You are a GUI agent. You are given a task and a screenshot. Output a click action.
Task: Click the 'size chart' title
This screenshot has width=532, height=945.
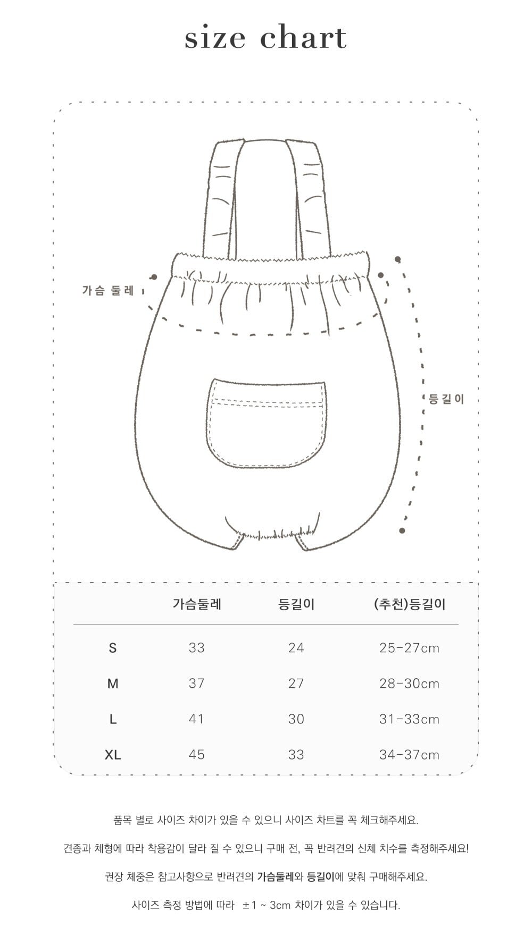click(265, 38)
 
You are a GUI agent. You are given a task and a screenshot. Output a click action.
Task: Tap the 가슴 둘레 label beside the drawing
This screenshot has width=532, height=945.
click(108, 291)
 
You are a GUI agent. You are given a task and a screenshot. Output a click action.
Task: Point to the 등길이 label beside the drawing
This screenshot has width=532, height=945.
click(446, 399)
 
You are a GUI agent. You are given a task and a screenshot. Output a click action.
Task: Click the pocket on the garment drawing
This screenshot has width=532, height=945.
click(266, 423)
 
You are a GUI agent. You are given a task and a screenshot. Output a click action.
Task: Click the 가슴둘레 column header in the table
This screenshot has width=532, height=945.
click(197, 604)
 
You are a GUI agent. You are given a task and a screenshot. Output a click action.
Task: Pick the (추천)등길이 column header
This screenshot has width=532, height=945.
click(410, 604)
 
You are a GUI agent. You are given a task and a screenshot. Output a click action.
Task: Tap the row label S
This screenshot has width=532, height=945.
click(112, 648)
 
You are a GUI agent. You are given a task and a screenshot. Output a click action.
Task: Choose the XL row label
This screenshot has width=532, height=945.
click(113, 755)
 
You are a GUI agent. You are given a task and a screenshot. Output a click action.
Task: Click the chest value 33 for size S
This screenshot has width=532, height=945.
click(196, 648)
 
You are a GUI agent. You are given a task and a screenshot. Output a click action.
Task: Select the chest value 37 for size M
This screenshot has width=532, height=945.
click(196, 684)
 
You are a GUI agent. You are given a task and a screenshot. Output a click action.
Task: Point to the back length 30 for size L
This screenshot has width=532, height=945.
click(296, 719)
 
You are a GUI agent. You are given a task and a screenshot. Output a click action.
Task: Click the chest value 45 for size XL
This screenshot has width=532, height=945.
click(196, 755)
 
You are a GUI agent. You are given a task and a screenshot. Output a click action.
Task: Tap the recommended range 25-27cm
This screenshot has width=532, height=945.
click(410, 648)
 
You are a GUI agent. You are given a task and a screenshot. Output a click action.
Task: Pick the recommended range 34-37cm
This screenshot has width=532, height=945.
click(410, 755)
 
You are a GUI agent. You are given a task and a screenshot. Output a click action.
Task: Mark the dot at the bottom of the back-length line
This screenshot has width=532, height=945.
click(402, 530)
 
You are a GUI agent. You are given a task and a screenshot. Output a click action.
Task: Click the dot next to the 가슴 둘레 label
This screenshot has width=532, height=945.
click(154, 277)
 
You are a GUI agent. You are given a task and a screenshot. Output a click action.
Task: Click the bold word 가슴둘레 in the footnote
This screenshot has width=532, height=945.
click(276, 877)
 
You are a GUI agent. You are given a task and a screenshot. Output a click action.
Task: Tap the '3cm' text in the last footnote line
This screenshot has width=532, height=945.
click(280, 905)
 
